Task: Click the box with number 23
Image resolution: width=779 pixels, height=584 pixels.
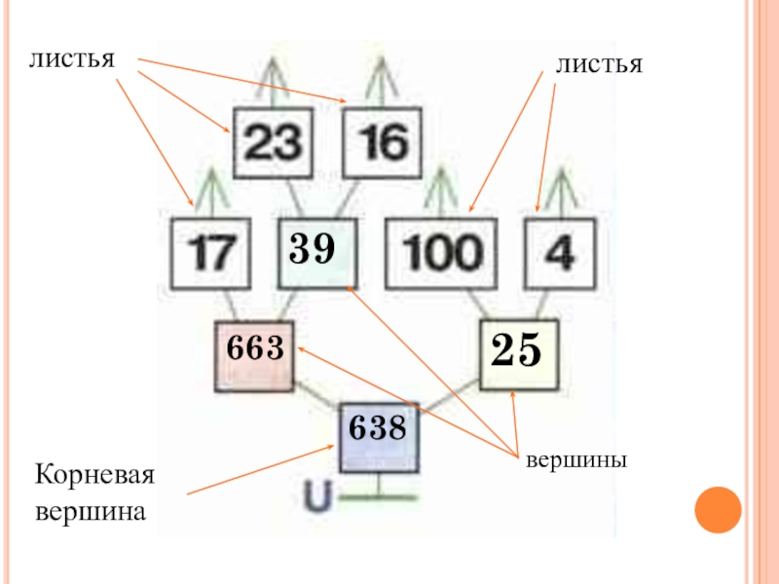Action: [274, 143]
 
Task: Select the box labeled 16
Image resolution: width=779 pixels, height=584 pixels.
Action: [383, 143]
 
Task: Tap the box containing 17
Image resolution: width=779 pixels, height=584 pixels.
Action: [210, 253]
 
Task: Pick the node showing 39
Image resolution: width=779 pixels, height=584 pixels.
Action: [317, 253]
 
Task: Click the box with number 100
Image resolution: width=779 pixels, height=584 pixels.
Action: [441, 253]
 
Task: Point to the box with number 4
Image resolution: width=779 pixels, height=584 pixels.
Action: [561, 253]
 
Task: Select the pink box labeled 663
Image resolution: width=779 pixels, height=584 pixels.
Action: [254, 356]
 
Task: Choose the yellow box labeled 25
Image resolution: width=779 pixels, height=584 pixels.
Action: [519, 354]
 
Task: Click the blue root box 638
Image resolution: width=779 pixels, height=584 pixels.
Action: [380, 437]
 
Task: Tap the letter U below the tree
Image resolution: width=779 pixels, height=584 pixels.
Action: [317, 496]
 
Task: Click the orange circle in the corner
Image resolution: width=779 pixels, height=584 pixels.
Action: [718, 510]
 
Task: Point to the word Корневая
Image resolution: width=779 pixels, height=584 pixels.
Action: [94, 475]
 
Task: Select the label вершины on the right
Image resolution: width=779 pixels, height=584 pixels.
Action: [576, 460]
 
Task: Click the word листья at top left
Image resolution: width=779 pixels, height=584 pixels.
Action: [72, 59]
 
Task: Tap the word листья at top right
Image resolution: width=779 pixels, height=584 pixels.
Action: [599, 65]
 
